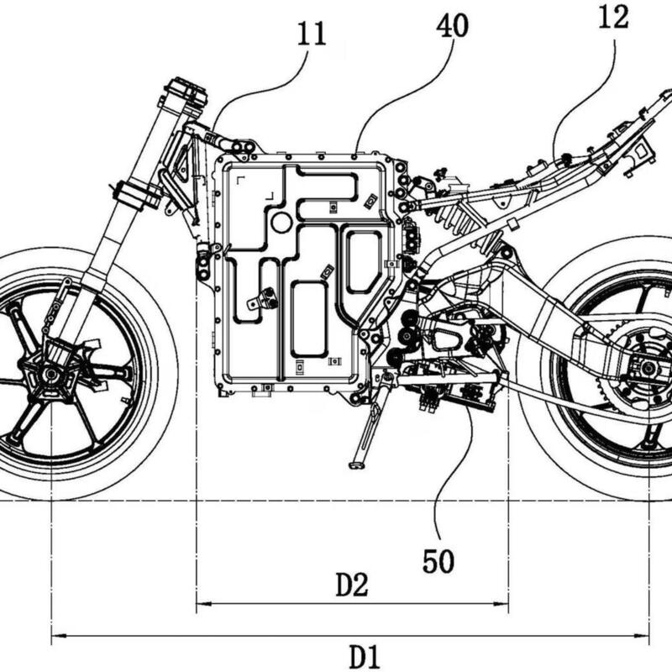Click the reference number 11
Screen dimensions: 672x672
pyautogui.click(x=311, y=35)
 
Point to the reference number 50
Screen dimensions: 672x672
pyautogui.click(x=438, y=560)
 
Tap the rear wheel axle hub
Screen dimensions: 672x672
pyautogui.click(x=648, y=366)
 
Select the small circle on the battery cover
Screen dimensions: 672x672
pyautogui.click(x=281, y=222)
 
